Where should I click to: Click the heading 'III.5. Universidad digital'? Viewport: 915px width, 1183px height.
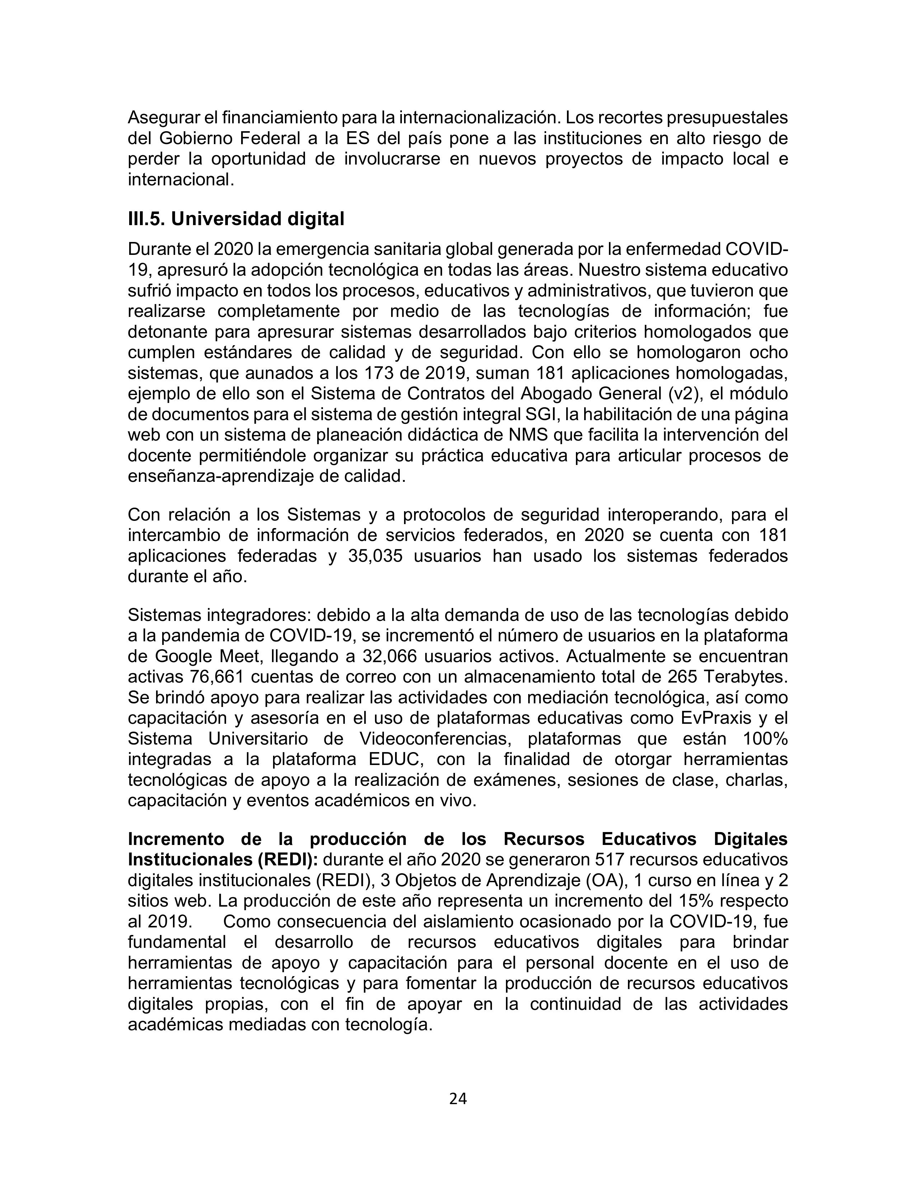(236, 219)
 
